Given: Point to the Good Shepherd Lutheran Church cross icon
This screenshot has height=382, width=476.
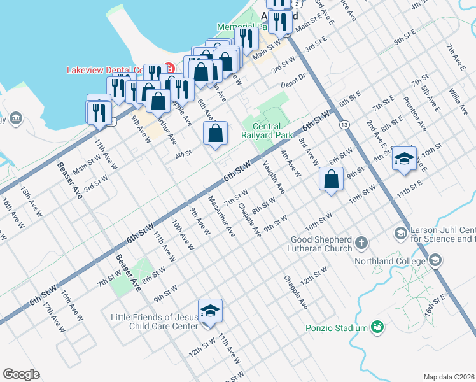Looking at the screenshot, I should coord(361,242).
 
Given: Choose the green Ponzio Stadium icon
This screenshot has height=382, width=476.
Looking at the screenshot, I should coord(377,327).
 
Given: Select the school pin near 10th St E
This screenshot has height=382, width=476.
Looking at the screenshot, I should coord(403,159).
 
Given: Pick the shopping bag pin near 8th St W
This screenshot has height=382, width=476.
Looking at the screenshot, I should coord(332,179).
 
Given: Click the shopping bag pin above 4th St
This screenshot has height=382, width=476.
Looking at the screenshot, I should coord(215,134).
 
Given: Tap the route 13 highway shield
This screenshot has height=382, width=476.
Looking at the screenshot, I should coord(344,123).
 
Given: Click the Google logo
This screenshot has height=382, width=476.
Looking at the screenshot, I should coord(21,374).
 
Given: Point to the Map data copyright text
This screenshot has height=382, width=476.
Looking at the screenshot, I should coord(449,377).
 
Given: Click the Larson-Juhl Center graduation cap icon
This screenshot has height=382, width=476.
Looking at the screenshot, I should coord(401,234).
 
